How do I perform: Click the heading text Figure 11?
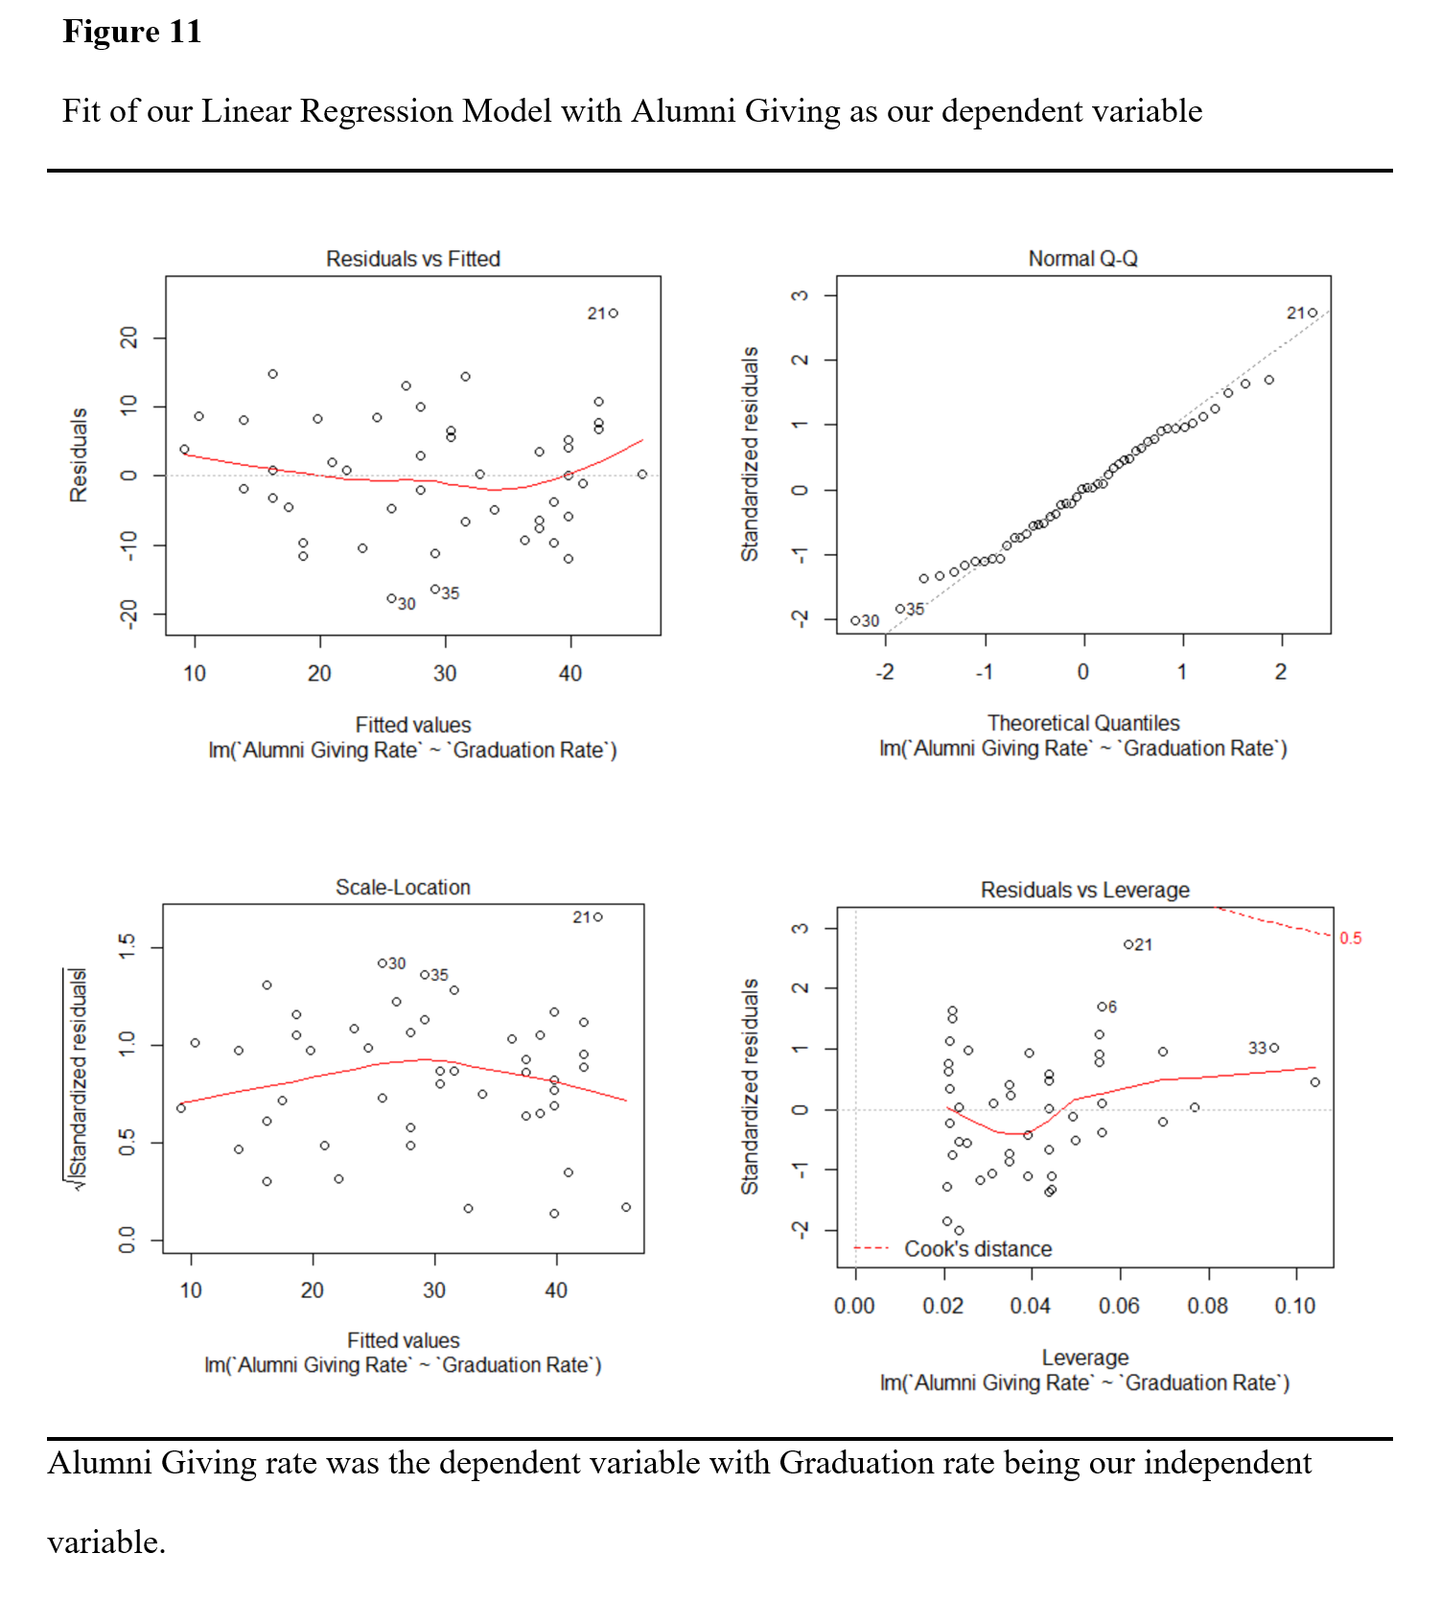(x=132, y=32)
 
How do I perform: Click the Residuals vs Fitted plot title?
(x=412, y=259)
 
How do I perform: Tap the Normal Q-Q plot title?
(x=1082, y=259)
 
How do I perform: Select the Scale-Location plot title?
(x=403, y=888)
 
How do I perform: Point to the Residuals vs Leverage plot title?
(x=1084, y=891)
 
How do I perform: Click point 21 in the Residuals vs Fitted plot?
(x=614, y=313)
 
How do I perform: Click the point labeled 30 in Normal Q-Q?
(x=855, y=621)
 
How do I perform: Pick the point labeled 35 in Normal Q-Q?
(x=900, y=609)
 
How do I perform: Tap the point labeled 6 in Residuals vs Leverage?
(x=1102, y=1007)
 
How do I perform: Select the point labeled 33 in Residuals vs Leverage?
(x=1274, y=1048)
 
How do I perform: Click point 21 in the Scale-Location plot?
(x=598, y=917)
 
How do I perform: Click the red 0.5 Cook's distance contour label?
(x=1350, y=939)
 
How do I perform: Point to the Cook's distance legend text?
(x=978, y=1249)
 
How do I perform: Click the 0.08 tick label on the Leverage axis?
(x=1207, y=1306)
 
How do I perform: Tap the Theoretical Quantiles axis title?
(x=1083, y=723)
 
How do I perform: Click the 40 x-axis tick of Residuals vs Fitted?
(x=570, y=673)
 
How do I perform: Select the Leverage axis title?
(x=1084, y=1357)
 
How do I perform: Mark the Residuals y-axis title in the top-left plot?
(x=79, y=455)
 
